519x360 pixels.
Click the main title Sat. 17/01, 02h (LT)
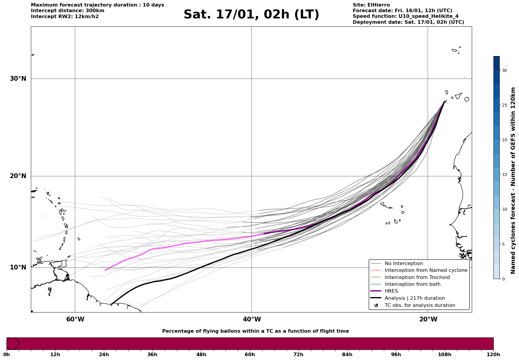click(251, 15)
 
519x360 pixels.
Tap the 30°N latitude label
click(18, 79)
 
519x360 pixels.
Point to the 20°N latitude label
click(18, 176)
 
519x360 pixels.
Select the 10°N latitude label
click(18, 267)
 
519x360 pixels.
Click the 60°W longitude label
click(75, 319)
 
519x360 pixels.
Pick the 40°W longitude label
click(252, 319)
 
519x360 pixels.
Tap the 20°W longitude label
click(428, 319)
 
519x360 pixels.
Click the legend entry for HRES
click(391, 291)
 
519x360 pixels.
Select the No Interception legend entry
click(404, 264)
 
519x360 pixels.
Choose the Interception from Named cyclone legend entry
click(426, 270)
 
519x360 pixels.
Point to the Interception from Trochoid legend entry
click(417, 277)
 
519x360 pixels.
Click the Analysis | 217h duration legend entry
click(414, 298)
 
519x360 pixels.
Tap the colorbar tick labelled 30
click(504, 70)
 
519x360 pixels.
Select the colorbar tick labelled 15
click(504, 175)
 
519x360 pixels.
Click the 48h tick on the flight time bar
click(201, 355)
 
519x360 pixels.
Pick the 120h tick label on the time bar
click(493, 355)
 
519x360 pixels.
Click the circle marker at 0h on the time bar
click(12, 344)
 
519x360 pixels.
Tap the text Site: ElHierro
click(371, 5)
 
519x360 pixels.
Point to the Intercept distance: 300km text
click(67, 11)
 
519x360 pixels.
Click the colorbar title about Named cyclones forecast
click(513, 180)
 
